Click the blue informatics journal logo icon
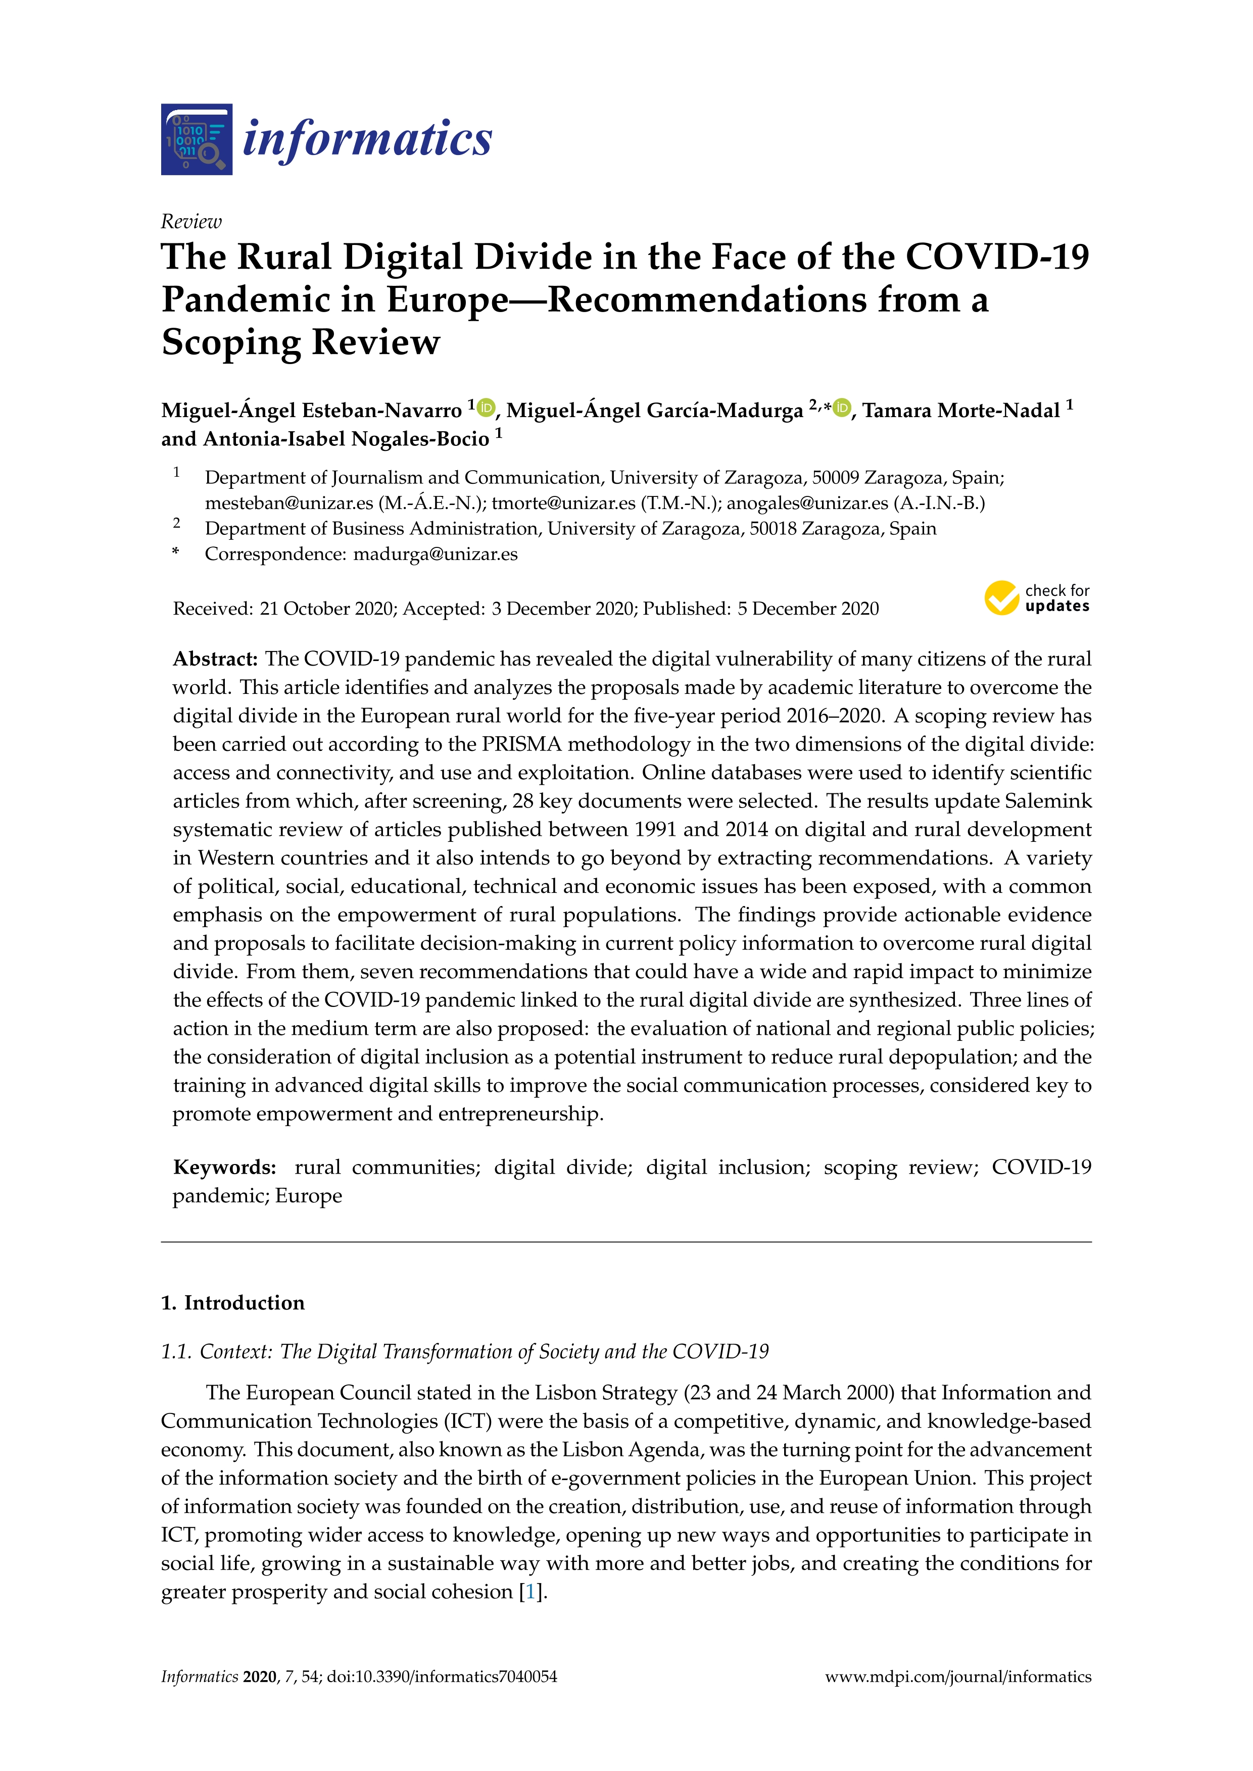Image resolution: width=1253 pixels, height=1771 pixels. (x=197, y=139)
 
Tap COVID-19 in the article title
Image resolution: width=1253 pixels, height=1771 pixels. (x=997, y=257)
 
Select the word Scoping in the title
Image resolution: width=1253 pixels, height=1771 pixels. (x=231, y=342)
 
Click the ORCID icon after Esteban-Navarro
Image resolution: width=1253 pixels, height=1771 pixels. (x=486, y=407)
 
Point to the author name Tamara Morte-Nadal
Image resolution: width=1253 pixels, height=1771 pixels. (x=960, y=411)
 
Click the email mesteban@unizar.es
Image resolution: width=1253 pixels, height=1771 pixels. (x=290, y=503)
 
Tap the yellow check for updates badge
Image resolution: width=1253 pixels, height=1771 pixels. (x=1036, y=598)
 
